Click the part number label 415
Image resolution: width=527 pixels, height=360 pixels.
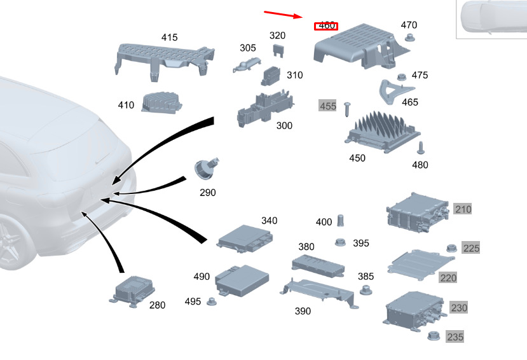[169, 38]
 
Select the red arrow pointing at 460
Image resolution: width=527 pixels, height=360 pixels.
[284, 15]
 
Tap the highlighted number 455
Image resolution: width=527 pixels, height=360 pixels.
[327, 106]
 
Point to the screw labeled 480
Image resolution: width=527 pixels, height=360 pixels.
[420, 149]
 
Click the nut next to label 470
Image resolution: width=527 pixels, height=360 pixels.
[409, 39]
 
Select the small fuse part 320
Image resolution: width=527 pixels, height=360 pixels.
[278, 49]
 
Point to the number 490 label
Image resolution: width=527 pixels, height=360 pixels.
[202, 277]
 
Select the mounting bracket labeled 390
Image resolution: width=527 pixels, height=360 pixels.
[317, 290]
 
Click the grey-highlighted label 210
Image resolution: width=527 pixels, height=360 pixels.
[463, 209]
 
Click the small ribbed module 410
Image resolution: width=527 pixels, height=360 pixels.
[161, 102]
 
